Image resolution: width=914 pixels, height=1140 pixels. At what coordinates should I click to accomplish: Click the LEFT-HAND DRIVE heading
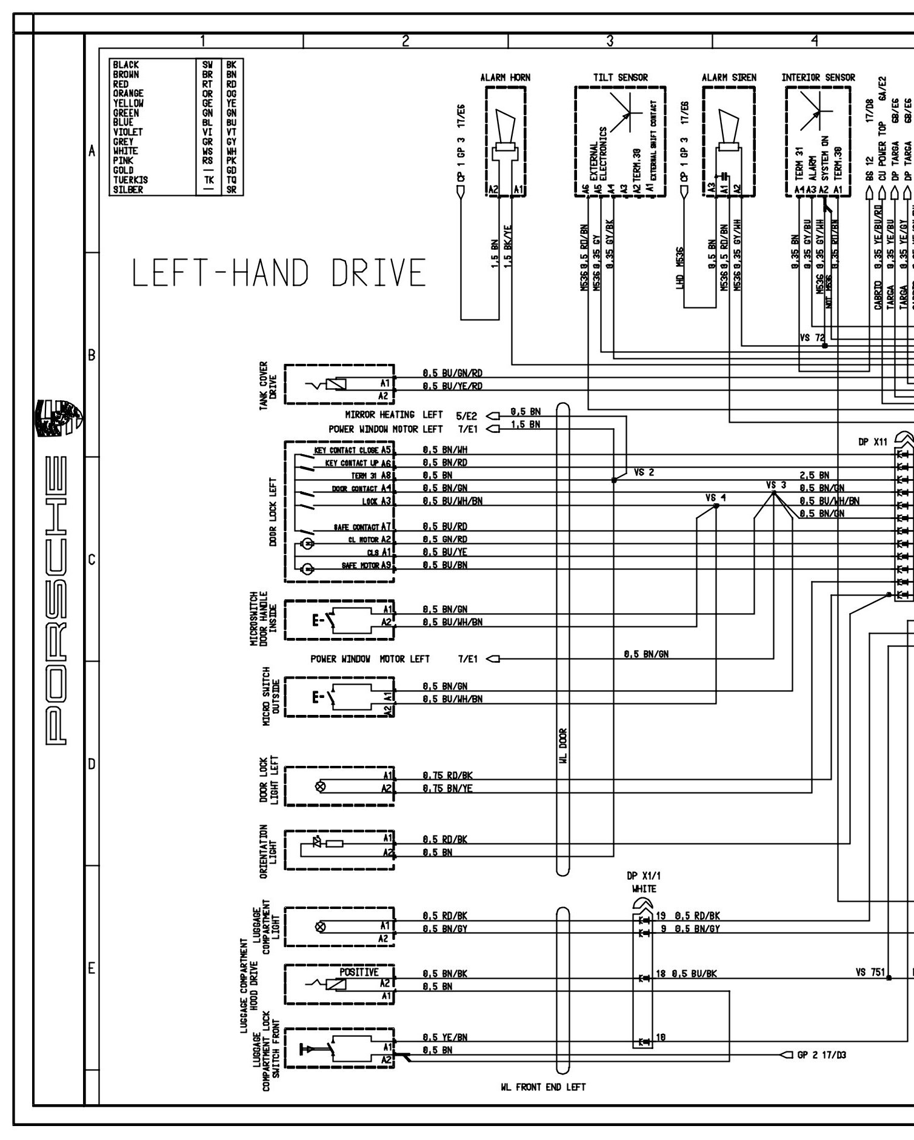coord(279,273)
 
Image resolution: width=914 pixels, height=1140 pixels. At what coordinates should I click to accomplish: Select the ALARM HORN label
coord(505,78)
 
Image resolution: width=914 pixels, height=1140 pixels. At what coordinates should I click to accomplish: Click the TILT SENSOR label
coord(620,78)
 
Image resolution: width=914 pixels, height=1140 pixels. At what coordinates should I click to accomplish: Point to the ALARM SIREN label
coord(729,78)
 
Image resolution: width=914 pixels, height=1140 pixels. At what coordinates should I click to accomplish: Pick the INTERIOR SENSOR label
coord(818,78)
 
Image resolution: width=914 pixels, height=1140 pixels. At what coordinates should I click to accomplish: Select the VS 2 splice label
coord(644,472)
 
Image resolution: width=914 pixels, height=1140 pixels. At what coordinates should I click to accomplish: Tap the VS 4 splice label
coord(715,498)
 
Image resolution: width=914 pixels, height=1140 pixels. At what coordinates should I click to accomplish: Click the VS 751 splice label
coord(870,972)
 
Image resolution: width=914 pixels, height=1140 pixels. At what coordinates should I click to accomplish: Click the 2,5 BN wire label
coord(815,475)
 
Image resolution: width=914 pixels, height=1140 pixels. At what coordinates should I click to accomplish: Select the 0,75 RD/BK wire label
coord(447,776)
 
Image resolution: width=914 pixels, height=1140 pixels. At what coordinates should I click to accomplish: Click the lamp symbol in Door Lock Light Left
coord(321,787)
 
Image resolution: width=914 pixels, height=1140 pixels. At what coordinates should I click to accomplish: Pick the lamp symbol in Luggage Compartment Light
coord(321,927)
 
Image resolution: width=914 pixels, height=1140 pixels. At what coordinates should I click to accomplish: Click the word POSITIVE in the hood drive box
coord(359,972)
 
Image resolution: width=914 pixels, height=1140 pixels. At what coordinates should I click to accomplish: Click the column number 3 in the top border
coord(610,41)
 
